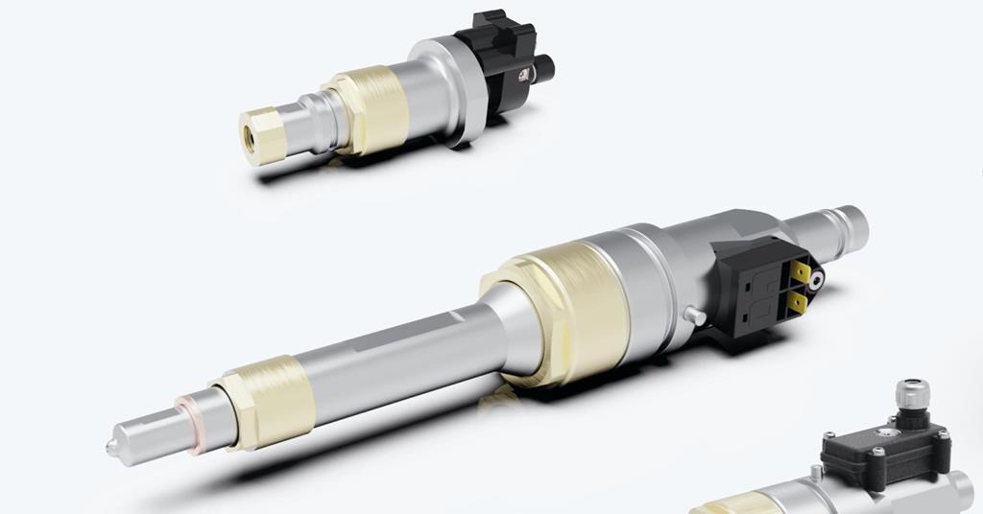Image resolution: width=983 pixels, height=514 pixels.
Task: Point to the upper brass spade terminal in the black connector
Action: [801, 273]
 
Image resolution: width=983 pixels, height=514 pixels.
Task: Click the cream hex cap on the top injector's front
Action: [262, 137]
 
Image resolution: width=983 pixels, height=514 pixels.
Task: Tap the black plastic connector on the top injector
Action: [497, 49]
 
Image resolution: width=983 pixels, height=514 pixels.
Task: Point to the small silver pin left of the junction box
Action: [816, 472]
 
